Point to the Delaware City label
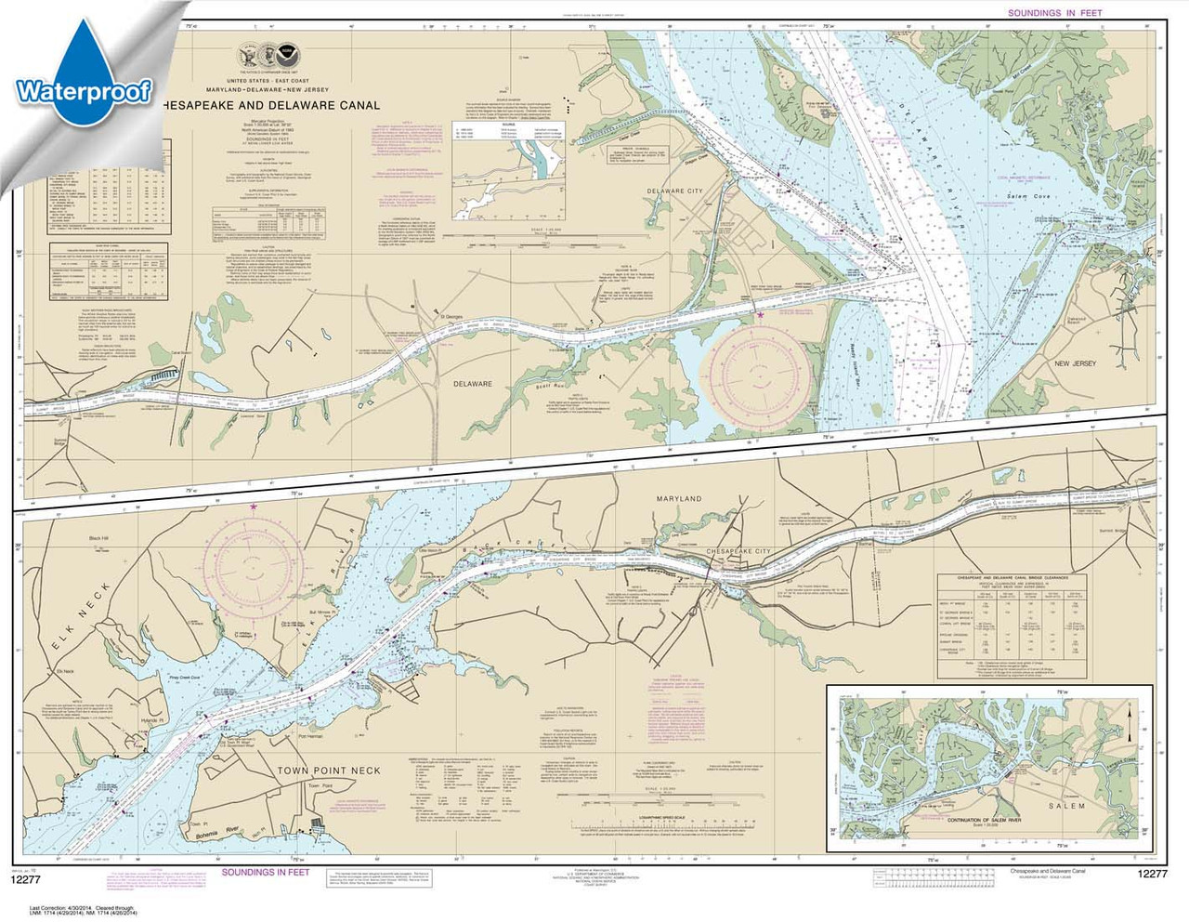pos(675,191)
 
